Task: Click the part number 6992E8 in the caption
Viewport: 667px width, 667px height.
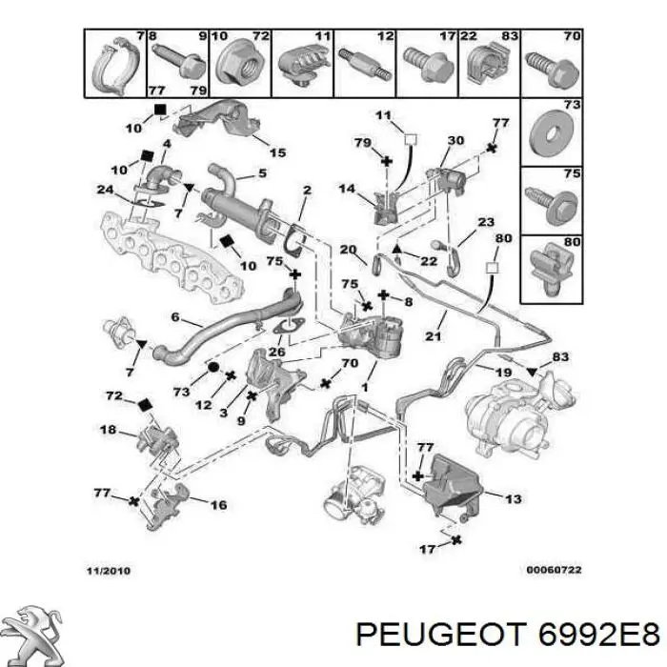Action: coord(599,636)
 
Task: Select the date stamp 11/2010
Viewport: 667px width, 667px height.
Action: coord(109,571)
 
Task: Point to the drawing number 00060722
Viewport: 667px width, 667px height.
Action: coord(554,570)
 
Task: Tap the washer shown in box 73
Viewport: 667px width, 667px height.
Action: coord(552,132)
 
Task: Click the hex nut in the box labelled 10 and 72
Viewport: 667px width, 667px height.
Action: coord(238,64)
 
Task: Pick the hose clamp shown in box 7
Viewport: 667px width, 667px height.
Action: coord(115,66)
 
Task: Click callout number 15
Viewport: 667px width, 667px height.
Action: coord(278,152)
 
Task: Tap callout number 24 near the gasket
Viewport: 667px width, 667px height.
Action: coord(105,189)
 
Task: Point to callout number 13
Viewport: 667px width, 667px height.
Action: coord(514,498)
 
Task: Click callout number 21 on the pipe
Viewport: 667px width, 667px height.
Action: coord(433,336)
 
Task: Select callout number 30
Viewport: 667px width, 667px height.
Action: coord(455,140)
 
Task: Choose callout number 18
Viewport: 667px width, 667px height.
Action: coord(108,429)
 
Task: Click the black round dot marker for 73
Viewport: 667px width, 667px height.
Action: coord(213,367)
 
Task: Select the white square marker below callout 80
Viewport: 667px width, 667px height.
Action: coord(492,268)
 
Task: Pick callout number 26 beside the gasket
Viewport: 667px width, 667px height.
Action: coord(277,352)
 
